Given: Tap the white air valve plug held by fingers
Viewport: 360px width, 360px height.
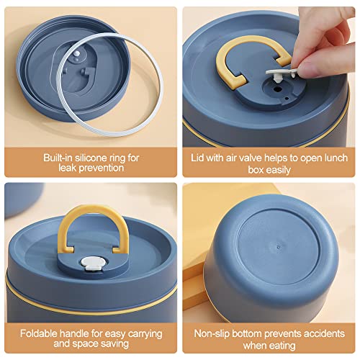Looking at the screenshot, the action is click(281, 73).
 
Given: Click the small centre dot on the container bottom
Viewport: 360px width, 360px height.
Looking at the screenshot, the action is click(278, 246).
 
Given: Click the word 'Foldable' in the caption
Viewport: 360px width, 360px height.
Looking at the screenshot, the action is click(38, 333).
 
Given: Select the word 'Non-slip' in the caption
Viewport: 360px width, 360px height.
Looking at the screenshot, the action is click(212, 333).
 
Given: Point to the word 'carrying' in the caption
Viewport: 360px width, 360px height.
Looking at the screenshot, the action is click(145, 334).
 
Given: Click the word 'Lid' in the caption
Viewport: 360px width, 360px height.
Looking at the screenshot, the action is click(197, 158).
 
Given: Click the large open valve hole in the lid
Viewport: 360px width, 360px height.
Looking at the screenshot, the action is click(278, 89).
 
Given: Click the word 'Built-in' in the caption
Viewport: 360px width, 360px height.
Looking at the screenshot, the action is click(58, 158).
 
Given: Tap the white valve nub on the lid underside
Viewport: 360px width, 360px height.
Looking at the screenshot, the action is click(76, 53).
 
